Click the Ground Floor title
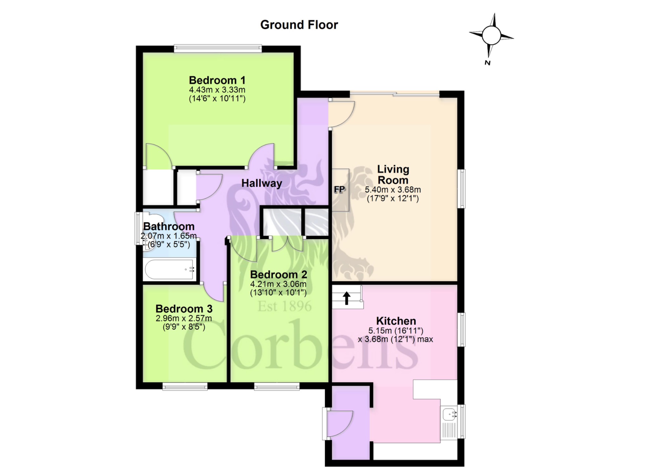299,25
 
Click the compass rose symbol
491,35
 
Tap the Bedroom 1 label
217,80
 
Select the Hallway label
262,183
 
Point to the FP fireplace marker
339,189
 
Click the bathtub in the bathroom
169,270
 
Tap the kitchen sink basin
450,414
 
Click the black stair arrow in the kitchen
347,298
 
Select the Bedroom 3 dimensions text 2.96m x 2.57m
184,318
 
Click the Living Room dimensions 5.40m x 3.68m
393,190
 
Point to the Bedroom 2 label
279,274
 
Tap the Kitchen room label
396,321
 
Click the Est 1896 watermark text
285,306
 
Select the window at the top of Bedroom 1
218,49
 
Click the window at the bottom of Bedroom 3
185,386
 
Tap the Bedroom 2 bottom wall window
277,386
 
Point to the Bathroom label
169,226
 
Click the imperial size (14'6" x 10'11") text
217,99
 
